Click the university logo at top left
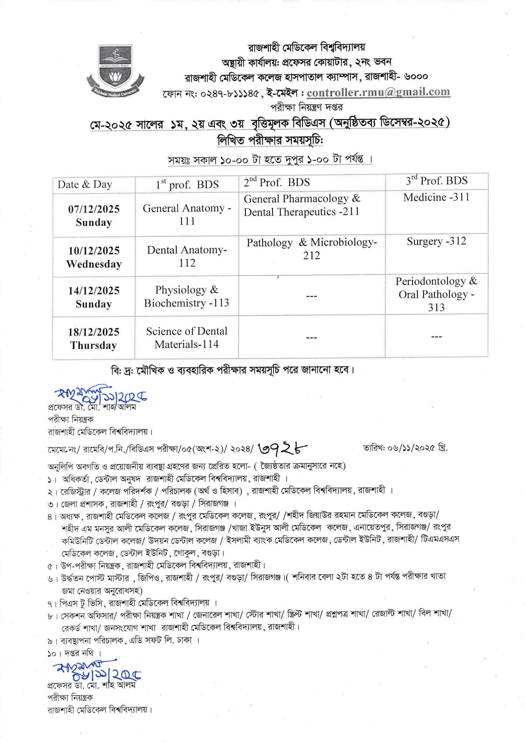115,70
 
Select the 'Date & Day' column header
85,185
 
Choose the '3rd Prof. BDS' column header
436,181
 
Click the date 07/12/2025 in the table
94,209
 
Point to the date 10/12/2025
94,250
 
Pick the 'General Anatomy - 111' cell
187,214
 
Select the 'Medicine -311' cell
436,197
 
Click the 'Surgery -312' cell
436,241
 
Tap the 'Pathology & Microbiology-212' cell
312,248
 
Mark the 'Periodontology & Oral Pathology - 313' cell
436,294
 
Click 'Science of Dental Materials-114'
187,338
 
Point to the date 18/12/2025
94,332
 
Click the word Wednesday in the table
94,264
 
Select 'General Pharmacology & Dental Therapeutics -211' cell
302,205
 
